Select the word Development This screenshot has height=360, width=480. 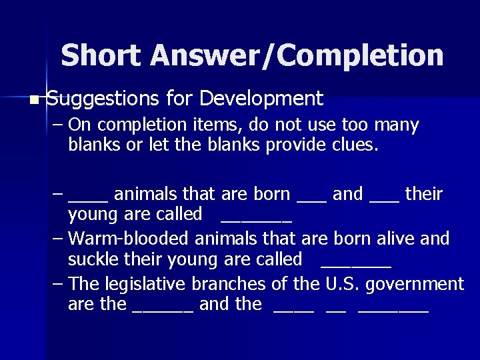pyautogui.click(x=261, y=99)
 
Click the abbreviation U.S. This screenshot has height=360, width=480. pyautogui.click(x=341, y=284)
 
